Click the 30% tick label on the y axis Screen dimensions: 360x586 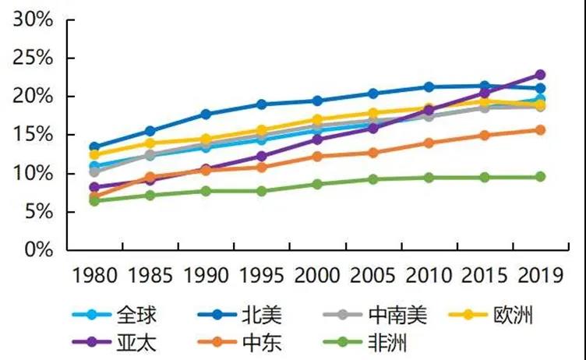pyautogui.click(x=33, y=20)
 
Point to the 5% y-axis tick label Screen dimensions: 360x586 pyautogui.click(x=37, y=212)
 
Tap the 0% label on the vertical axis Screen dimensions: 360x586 pyautogui.click(x=37, y=250)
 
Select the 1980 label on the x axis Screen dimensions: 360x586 pyautogui.click(x=94, y=275)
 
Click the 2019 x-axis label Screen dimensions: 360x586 pyautogui.click(x=540, y=275)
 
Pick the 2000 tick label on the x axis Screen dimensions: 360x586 pyautogui.click(x=317, y=275)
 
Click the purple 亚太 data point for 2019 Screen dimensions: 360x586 pyautogui.click(x=540, y=75)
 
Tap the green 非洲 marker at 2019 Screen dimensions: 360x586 pyautogui.click(x=540, y=177)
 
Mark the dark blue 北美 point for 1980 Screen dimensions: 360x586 pyautogui.click(x=94, y=146)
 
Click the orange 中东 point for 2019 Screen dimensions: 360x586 pyautogui.click(x=540, y=130)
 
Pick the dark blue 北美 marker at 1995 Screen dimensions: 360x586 pyautogui.click(x=262, y=104)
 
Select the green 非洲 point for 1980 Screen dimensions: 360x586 pyautogui.click(x=94, y=201)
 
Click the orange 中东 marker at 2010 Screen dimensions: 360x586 pyautogui.click(x=429, y=143)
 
